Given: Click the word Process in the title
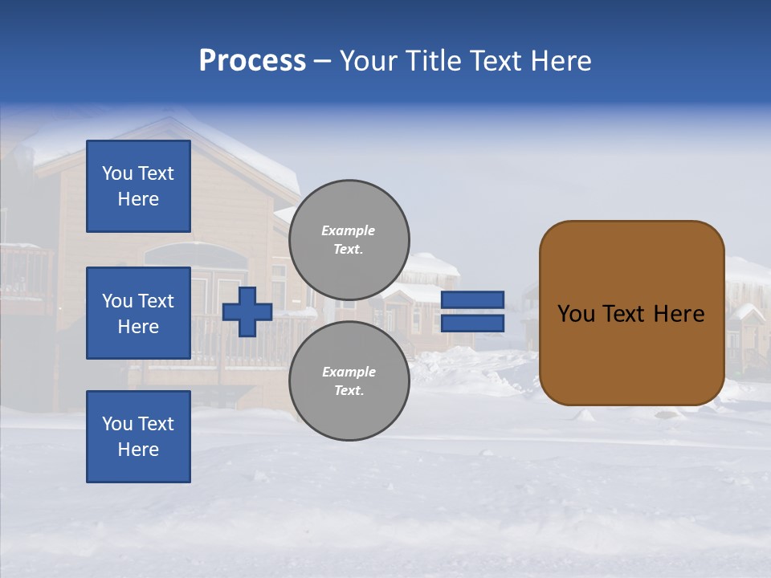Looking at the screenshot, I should (252, 61).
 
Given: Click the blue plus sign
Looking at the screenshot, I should (247, 311).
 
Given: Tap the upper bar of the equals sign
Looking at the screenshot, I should (472, 300).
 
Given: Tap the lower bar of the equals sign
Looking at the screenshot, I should (472, 324).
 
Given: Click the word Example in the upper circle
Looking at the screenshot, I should (348, 230).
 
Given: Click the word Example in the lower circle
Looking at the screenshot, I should (349, 372).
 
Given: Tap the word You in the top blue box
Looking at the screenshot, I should (117, 173).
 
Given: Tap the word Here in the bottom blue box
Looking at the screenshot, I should (138, 450).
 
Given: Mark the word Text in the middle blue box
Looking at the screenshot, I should (155, 301).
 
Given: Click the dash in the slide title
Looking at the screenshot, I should (322, 61).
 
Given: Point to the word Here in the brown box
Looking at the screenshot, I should (679, 314).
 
